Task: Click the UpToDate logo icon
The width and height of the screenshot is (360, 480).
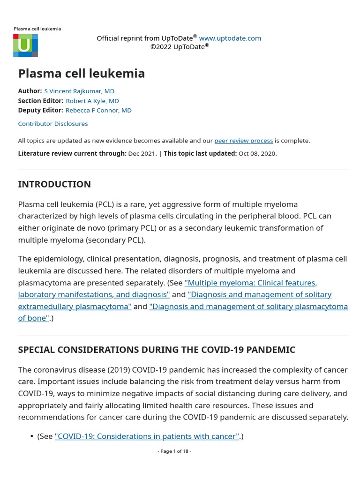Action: [x=25, y=45]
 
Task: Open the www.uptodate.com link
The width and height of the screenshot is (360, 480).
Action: [x=230, y=38]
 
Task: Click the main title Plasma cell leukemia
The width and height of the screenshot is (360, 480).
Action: [x=81, y=74]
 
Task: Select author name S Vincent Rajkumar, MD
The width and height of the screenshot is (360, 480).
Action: [x=79, y=91]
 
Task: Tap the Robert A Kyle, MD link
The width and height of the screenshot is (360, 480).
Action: [x=92, y=101]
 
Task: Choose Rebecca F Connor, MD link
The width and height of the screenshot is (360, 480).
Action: [x=98, y=111]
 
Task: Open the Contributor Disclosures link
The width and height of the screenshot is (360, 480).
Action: [x=53, y=124]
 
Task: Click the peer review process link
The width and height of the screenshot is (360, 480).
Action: [x=243, y=141]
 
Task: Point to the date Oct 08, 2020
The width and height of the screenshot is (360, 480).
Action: [x=257, y=153]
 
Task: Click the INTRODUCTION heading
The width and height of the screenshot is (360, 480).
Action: [x=54, y=184]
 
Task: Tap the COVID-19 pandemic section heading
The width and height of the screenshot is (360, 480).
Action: [x=157, y=350]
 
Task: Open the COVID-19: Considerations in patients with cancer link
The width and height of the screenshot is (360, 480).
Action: [x=147, y=436]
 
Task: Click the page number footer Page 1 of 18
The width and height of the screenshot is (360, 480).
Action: [x=174, y=451]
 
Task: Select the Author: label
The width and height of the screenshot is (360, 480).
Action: [x=30, y=91]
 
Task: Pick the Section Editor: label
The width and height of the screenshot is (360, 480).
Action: [x=41, y=101]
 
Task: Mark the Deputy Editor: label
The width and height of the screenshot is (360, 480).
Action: [x=40, y=111]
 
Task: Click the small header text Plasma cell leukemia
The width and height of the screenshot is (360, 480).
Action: [x=37, y=29]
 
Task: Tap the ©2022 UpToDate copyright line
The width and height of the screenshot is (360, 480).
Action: [x=179, y=47]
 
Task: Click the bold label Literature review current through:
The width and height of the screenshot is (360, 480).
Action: [x=72, y=153]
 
